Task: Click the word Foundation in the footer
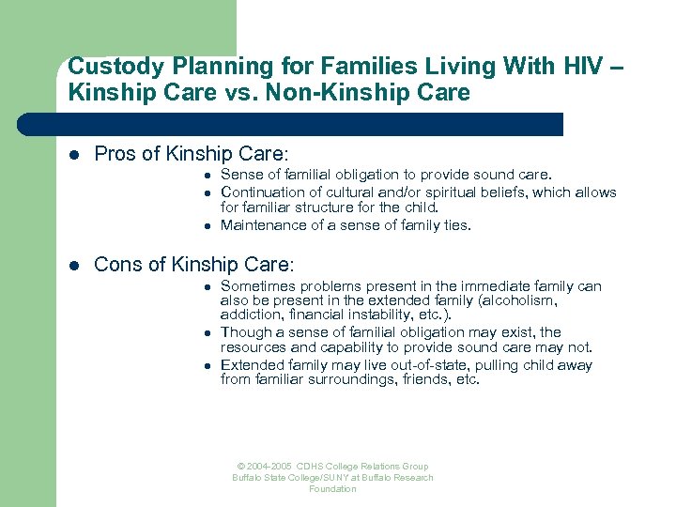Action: tap(332, 489)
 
